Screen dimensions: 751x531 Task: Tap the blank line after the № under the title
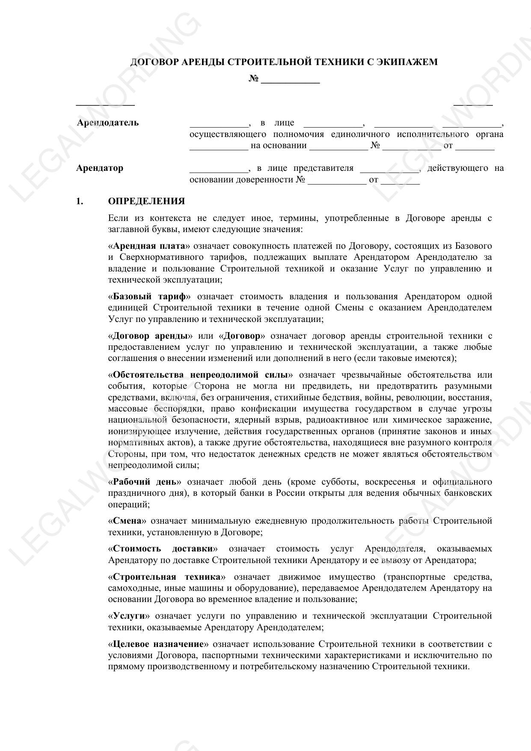click(290, 80)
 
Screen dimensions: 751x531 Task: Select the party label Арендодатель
click(108, 123)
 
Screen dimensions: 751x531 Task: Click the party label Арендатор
click(100, 168)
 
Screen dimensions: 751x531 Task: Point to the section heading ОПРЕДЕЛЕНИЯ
click(146, 201)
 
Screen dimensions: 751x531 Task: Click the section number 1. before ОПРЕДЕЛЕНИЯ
click(80, 201)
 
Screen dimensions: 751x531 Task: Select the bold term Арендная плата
click(150, 246)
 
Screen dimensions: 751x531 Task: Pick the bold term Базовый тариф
click(149, 297)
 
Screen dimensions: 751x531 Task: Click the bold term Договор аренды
click(150, 336)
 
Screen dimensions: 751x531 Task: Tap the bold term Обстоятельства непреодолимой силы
click(200, 375)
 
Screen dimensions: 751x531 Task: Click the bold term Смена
click(129, 521)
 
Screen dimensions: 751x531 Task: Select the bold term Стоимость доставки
click(163, 549)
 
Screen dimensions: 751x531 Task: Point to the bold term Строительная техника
click(167, 577)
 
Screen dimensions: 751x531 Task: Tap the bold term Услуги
click(129, 616)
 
